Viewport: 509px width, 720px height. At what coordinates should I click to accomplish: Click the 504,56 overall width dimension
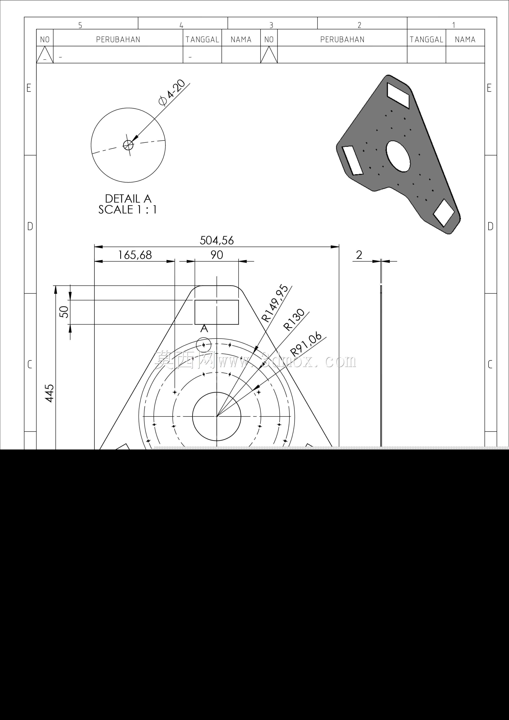pyautogui.click(x=217, y=241)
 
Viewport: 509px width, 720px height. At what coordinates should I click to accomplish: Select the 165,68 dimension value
pyautogui.click(x=135, y=255)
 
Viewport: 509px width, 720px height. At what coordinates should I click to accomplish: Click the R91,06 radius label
pyautogui.click(x=306, y=344)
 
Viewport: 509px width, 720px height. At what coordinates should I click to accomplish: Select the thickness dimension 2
pyautogui.click(x=359, y=255)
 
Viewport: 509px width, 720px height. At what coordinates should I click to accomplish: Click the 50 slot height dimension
pyautogui.click(x=64, y=312)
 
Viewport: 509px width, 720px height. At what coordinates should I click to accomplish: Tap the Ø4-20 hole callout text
pyautogui.click(x=172, y=93)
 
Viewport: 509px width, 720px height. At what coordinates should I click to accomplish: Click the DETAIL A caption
pyautogui.click(x=128, y=198)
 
